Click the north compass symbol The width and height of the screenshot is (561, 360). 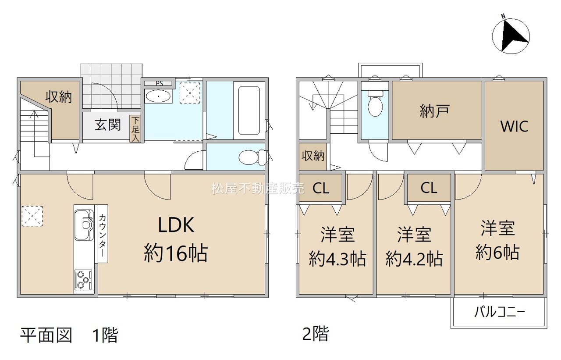[x=511, y=37]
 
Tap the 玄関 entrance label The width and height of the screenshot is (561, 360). [x=108, y=125]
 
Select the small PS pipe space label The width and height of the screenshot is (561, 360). [x=159, y=83]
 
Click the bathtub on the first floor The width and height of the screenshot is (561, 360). [x=249, y=110]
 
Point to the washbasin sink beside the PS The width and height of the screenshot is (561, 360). [x=158, y=96]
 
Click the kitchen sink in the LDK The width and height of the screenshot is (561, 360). [x=84, y=225]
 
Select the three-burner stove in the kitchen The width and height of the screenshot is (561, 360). [x=83, y=279]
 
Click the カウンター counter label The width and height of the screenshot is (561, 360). [x=102, y=235]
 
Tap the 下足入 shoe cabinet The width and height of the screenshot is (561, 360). [x=135, y=129]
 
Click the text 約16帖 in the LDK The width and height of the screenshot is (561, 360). [x=176, y=253]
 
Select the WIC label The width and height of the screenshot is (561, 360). [x=515, y=126]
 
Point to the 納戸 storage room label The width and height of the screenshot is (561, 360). [x=435, y=111]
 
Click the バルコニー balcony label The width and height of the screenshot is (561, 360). [x=500, y=312]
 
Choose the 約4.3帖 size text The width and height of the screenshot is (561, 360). [x=337, y=259]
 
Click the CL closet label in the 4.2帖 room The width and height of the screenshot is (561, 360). [x=429, y=188]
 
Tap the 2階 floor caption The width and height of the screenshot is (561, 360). [x=316, y=334]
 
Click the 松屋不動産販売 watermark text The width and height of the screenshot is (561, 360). [x=258, y=188]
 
